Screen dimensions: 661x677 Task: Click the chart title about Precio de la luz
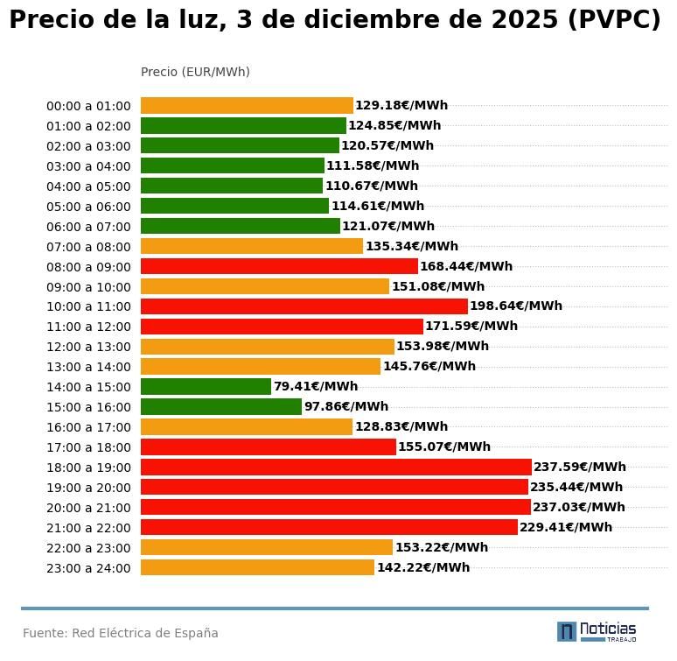(335, 20)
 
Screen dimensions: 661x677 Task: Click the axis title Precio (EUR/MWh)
(195, 72)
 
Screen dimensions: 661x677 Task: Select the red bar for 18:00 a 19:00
(336, 468)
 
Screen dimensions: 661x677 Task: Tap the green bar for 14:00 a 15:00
(206, 387)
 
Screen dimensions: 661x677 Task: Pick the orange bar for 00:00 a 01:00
(247, 106)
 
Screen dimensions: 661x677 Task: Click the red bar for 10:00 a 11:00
(304, 306)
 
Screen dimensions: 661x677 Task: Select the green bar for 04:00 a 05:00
(232, 186)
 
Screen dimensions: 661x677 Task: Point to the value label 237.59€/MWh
(580, 468)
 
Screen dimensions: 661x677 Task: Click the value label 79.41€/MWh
(316, 387)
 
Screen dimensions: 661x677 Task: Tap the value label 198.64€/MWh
(516, 306)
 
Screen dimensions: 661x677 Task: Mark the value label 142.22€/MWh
(423, 568)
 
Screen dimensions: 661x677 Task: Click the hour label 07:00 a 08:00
(88, 247)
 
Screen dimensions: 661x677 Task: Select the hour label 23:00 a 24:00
(88, 568)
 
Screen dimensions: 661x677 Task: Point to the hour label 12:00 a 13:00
(88, 348)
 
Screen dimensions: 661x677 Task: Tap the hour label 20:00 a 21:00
(88, 508)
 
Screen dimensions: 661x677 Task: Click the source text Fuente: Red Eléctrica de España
(121, 634)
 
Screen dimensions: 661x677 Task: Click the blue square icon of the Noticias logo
(567, 631)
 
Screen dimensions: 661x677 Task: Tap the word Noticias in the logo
(608, 629)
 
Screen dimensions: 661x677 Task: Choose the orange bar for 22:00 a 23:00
(267, 548)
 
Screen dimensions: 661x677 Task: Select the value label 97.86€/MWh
(346, 407)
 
